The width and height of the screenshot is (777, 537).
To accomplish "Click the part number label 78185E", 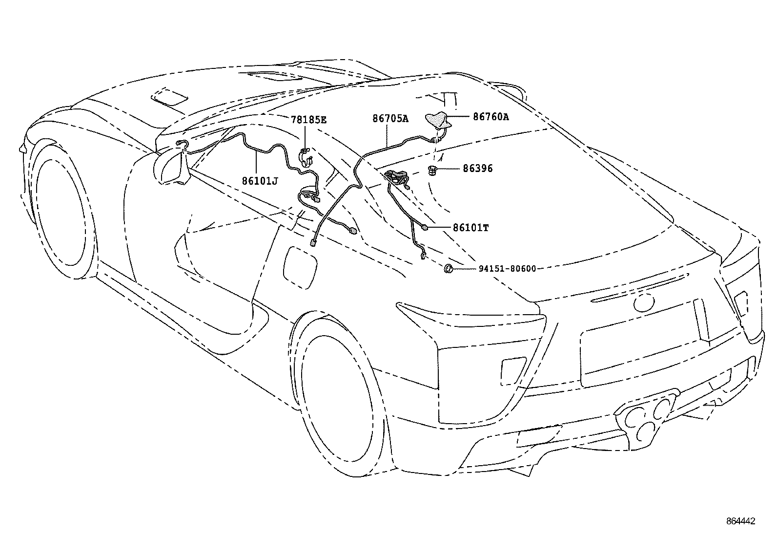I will pos(308,119).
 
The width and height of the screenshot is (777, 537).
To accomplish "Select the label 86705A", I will pos(390,118).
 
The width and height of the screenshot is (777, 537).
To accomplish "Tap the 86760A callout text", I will pos(491,117).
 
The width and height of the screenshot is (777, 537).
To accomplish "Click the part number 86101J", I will pos(260,181).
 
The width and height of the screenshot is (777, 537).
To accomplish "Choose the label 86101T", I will pos(470,228).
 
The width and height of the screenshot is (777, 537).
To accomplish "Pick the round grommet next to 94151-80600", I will pos(448,268).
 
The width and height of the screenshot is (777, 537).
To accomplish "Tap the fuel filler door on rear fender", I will pos(300,269).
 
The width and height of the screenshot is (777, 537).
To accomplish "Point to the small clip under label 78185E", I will pos(307,157).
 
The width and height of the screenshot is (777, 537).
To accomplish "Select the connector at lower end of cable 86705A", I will pos(313,242).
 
